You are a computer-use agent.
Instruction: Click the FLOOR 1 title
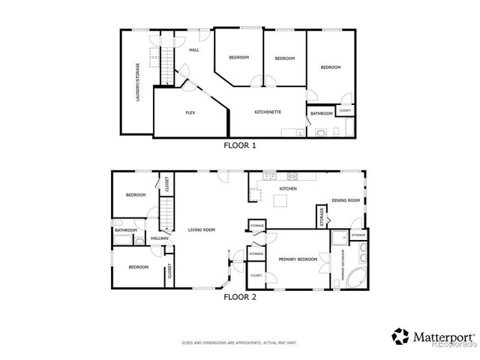240,145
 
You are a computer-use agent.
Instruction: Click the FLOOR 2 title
240,297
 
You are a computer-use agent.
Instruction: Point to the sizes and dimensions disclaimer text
239,343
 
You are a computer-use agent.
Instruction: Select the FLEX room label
190,112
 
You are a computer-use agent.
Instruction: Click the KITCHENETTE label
268,112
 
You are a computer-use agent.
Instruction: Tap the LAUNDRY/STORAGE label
137,82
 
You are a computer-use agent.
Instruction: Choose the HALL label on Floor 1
193,50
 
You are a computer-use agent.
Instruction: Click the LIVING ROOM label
202,230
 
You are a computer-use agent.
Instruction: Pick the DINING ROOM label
346,201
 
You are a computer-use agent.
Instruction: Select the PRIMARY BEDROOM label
298,259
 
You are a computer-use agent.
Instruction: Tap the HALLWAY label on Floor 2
160,238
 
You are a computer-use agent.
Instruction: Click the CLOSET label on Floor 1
345,111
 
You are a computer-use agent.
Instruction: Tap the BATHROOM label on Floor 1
322,114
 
